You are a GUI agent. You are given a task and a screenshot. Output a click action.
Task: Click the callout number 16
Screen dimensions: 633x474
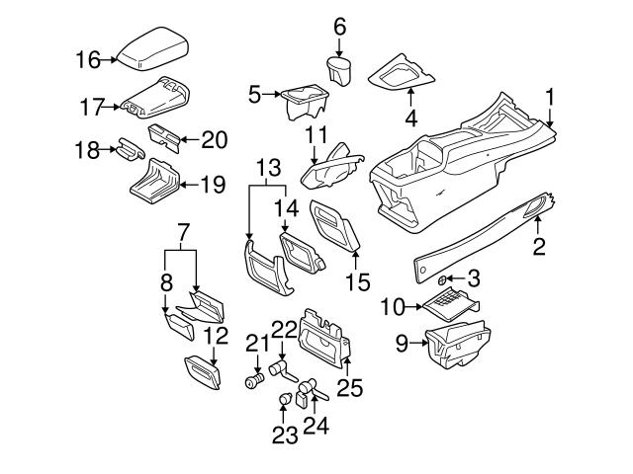[88, 60]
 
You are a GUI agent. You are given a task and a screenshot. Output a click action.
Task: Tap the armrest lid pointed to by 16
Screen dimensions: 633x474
[152, 49]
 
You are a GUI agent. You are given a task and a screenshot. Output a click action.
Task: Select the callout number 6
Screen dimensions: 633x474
[340, 27]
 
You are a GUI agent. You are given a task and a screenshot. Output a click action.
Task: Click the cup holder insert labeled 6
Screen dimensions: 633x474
[339, 71]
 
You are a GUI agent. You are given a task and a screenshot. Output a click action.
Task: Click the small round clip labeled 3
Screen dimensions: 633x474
[442, 279]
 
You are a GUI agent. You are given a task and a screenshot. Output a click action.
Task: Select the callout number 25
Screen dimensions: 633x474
[350, 388]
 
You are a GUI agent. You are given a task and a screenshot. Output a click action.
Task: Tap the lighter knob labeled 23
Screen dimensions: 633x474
[286, 399]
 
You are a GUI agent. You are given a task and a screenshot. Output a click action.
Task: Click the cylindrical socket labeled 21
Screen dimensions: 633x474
[254, 381]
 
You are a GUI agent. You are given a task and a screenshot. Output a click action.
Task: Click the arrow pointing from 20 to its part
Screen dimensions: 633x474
[189, 140]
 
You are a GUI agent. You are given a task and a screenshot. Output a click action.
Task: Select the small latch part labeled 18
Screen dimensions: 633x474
[130, 149]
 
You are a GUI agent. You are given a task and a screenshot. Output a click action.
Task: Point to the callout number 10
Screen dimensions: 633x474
[393, 307]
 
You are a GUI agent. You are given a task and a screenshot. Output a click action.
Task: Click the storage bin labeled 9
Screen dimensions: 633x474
[458, 344]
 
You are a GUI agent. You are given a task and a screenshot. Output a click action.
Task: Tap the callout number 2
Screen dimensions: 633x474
[539, 246]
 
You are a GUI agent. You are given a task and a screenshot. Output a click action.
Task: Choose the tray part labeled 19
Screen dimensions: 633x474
[155, 181]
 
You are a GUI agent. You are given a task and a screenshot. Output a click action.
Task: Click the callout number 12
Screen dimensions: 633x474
[217, 335]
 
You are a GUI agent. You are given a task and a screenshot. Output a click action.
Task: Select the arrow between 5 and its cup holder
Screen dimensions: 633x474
[271, 95]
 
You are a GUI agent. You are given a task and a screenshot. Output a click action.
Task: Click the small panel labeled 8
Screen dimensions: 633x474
[179, 326]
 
